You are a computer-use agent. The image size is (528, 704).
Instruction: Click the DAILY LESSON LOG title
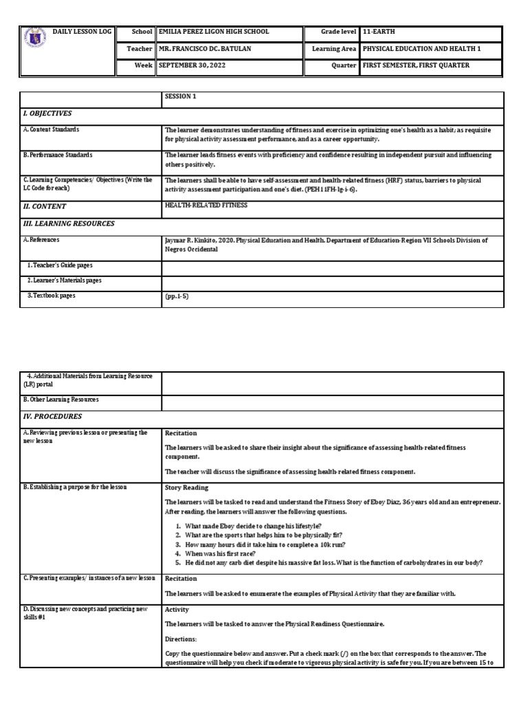pyautogui.click(x=82, y=32)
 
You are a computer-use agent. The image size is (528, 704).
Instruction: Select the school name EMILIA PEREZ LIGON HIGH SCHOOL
pyautogui.click(x=213, y=32)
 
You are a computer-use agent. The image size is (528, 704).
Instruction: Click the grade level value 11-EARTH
pyautogui.click(x=379, y=32)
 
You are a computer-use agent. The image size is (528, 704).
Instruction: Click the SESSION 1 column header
pyautogui.click(x=180, y=97)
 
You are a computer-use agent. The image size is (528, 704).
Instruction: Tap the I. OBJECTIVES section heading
pyautogui.click(x=47, y=113)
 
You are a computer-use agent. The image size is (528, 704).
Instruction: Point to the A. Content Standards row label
pyautogui.click(x=51, y=129)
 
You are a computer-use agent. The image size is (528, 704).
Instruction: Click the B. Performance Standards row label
pyautogui.click(x=58, y=155)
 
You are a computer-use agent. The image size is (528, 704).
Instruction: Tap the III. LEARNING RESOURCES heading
pyautogui.click(x=69, y=223)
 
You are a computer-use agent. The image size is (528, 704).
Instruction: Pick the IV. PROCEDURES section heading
pyautogui.click(x=52, y=417)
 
